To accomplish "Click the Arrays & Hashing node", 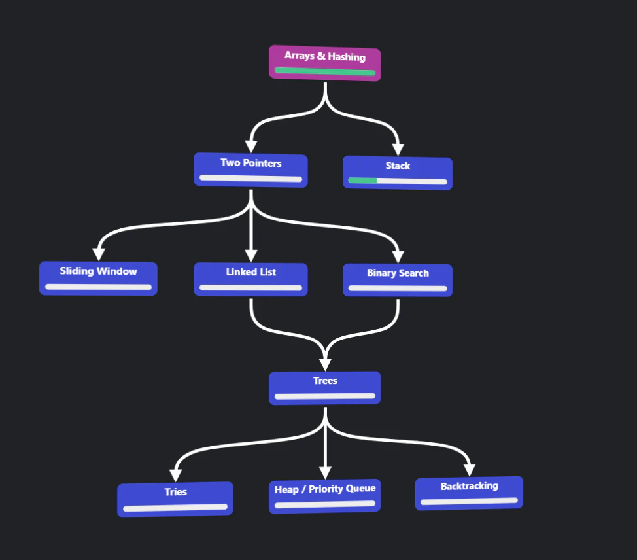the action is pos(324,63).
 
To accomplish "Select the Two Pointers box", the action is pos(250,170).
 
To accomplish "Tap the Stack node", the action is pos(398,173).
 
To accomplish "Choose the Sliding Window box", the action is pos(98,279).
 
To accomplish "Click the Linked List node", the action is pos(250,279).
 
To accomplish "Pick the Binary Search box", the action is pos(398,281).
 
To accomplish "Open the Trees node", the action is pos(325,388).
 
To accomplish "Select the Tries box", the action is pos(175,499).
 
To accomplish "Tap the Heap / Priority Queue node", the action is pos(325,496).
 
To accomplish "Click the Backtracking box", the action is pos(469,493).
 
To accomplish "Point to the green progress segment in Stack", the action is pos(362,181).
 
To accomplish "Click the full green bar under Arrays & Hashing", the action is pos(324,71).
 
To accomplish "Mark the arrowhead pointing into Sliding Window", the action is pos(99,254).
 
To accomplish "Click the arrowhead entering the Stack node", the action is pos(398,150).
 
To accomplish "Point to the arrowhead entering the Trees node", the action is pos(325,364).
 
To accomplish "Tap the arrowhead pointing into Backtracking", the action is pos(470,470).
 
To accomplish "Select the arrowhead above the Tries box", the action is pos(175,476).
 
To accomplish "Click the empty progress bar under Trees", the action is pos(325,396).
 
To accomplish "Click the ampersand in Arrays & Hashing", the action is pos(321,56).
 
